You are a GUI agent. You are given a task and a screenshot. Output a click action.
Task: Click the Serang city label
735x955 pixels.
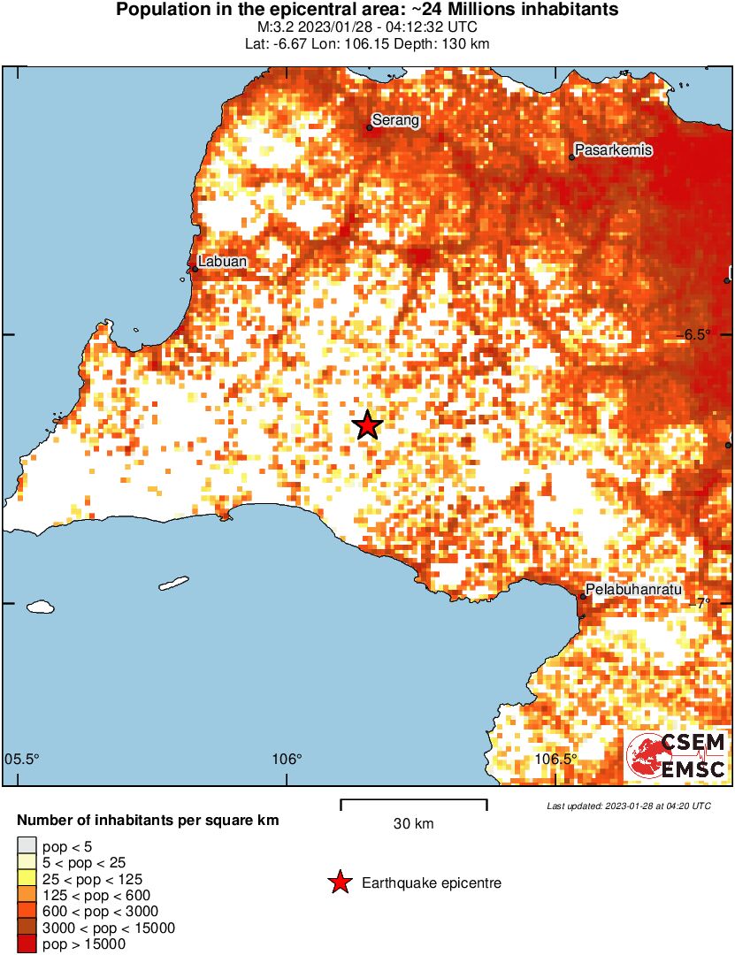(395, 120)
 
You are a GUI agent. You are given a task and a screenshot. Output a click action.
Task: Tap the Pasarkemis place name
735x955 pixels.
(614, 150)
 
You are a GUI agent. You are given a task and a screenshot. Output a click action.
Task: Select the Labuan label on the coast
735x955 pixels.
(222, 262)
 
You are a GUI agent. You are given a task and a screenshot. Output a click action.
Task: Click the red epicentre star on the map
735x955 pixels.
(368, 425)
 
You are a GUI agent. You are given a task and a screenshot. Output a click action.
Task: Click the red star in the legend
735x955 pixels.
(339, 882)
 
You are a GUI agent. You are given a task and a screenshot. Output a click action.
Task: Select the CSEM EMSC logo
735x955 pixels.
(677, 756)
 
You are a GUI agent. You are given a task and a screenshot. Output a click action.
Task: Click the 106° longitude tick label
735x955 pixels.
(287, 760)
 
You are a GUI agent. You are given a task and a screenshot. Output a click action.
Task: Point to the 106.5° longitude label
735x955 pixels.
(557, 760)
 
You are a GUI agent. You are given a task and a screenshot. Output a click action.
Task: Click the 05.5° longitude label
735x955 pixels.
(23, 760)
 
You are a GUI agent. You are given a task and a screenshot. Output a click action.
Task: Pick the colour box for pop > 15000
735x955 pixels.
(27, 944)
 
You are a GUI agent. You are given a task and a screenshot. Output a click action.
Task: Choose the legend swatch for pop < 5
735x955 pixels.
(27, 847)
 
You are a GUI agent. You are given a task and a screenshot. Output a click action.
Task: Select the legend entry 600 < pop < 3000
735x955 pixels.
(88, 912)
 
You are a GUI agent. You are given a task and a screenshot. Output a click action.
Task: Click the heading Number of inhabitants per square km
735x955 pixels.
(148, 821)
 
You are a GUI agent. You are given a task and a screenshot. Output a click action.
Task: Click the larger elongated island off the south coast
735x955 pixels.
(174, 584)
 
